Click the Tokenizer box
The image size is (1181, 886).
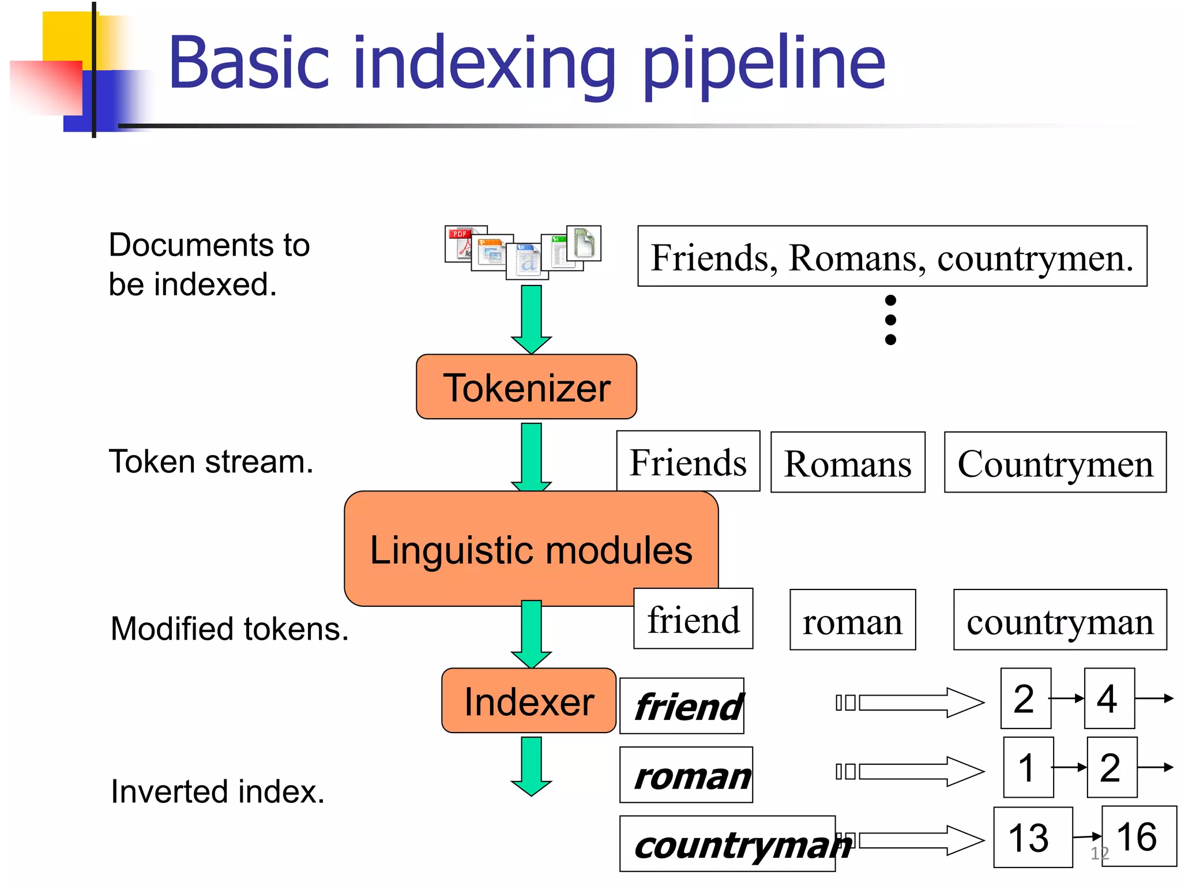[x=526, y=387]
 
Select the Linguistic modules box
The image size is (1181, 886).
[x=531, y=549]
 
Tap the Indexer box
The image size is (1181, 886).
[x=528, y=701]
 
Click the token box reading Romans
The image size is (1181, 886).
[x=847, y=463]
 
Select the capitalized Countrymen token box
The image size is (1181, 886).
[x=1055, y=463]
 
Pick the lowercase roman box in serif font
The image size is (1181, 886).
[x=852, y=620]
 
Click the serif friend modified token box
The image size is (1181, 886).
[x=693, y=619]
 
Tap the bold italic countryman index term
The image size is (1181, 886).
[x=728, y=844]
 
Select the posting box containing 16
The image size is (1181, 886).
[x=1138, y=836]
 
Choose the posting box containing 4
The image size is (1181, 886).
[x=1109, y=699]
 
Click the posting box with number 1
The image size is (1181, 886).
[x=1028, y=768]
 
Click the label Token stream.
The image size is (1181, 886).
[x=211, y=461]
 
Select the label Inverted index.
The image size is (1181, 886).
[x=217, y=791]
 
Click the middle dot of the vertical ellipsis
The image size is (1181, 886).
[x=890, y=320]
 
